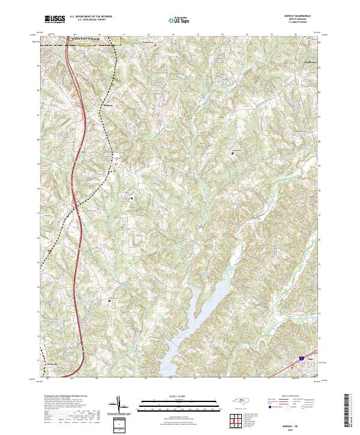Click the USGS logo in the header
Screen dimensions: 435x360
[55, 20]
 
